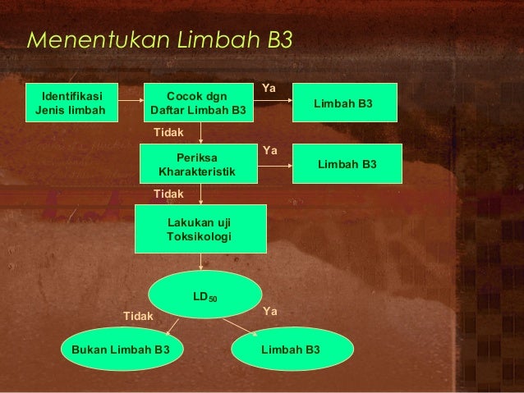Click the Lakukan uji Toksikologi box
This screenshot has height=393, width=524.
click(x=200, y=229)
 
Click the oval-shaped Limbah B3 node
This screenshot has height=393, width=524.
click(x=292, y=350)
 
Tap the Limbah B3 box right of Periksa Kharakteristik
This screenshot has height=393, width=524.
click(x=347, y=164)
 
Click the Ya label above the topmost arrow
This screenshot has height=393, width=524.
click(x=269, y=86)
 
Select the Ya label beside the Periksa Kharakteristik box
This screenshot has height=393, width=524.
click(x=269, y=151)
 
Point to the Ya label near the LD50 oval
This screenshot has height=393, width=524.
click(x=270, y=312)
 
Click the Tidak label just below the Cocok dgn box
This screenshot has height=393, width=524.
click(x=169, y=131)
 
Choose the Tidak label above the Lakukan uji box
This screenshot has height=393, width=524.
click(x=169, y=193)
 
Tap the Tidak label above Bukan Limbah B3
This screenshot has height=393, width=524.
click(x=137, y=315)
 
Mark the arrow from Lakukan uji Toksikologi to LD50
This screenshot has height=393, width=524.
click(x=202, y=262)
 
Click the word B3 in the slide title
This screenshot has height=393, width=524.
click(x=276, y=39)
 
